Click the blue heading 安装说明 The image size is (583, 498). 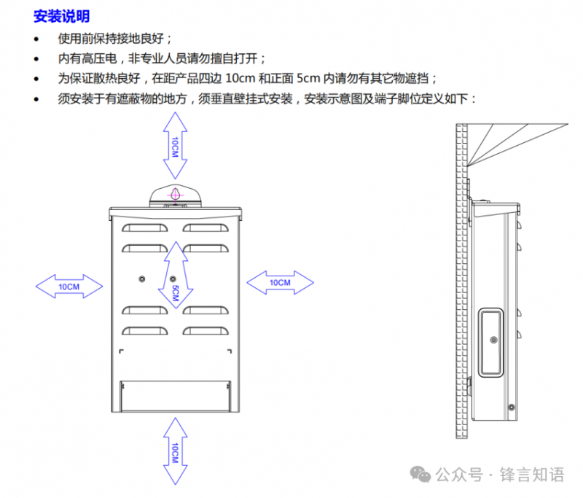coord(61,16)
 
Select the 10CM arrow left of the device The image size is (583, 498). coord(69,286)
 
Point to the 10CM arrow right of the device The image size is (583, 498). coord(280,281)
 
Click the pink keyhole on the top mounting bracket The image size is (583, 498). coord(175,195)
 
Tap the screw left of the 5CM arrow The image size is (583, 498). coord(143,279)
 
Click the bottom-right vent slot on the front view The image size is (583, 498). coord(206,331)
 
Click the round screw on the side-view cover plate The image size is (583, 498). coord(493,340)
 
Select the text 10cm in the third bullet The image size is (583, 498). coord(240,78)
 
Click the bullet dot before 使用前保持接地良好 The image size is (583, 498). coord(38,39)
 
